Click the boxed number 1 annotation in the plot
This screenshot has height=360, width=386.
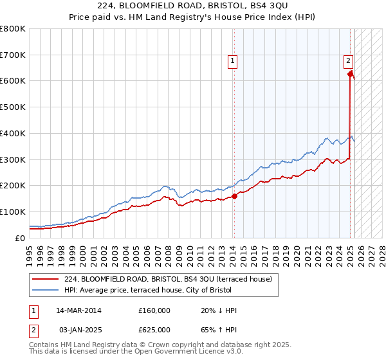click(232, 62)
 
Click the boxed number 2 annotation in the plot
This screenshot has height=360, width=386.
click(348, 62)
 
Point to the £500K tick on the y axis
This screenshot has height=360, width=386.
click(13, 107)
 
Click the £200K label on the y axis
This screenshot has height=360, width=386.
click(13, 186)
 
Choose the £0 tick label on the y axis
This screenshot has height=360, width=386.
click(21, 238)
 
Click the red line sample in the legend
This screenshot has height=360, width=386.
click(44, 279)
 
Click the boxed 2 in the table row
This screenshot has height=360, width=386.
click(33, 330)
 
